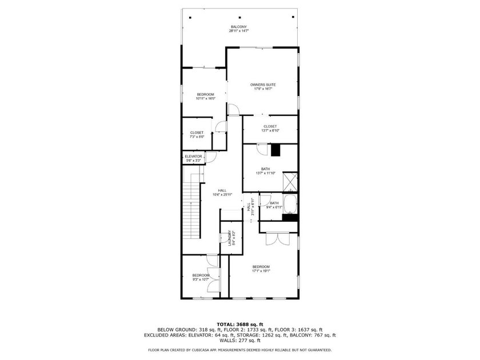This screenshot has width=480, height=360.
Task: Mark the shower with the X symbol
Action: click(291, 181)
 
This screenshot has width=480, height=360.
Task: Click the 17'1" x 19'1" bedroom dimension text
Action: click(261, 271)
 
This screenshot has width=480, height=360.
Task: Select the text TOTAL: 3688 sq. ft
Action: click(240, 324)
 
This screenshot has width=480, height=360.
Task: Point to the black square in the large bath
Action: click(277, 150)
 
